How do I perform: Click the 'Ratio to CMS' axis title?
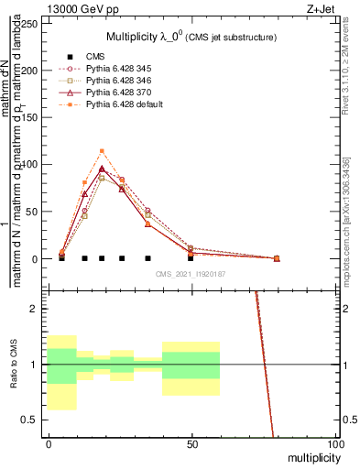[13, 365]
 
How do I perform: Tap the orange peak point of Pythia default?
[102, 151]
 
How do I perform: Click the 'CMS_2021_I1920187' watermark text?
[191, 274]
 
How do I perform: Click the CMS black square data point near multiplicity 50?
[191, 258]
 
